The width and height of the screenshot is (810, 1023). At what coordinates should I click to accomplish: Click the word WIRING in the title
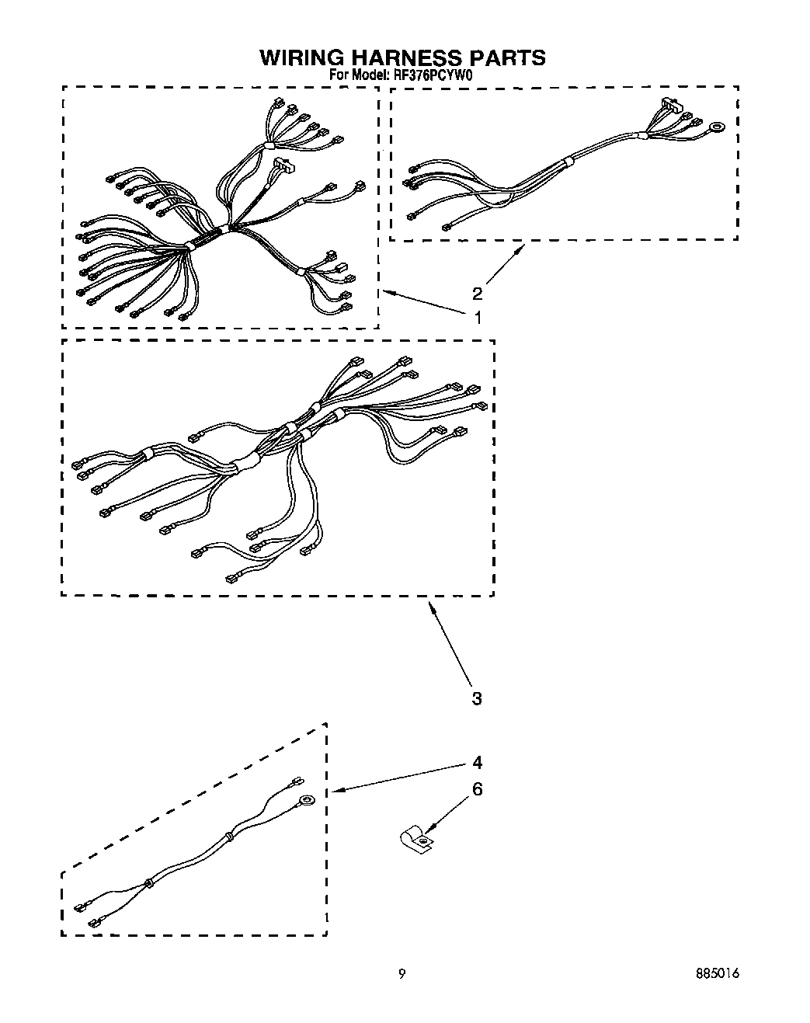(301, 57)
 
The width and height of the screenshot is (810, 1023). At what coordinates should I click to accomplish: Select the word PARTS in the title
(508, 57)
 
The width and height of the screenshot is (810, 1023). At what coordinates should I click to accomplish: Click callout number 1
(478, 317)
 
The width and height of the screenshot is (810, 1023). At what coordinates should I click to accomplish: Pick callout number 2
(477, 293)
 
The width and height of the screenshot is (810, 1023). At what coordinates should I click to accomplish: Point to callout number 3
(477, 698)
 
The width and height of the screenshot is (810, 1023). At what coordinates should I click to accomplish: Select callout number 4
(477, 762)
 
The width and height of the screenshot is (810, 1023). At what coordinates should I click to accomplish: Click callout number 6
(477, 789)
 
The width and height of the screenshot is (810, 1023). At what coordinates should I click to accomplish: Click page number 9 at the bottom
(402, 975)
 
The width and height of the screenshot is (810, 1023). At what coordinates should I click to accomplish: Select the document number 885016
(716, 975)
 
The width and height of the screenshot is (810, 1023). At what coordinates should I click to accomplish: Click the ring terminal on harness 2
(718, 125)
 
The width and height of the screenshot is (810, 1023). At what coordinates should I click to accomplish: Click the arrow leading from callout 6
(446, 815)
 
